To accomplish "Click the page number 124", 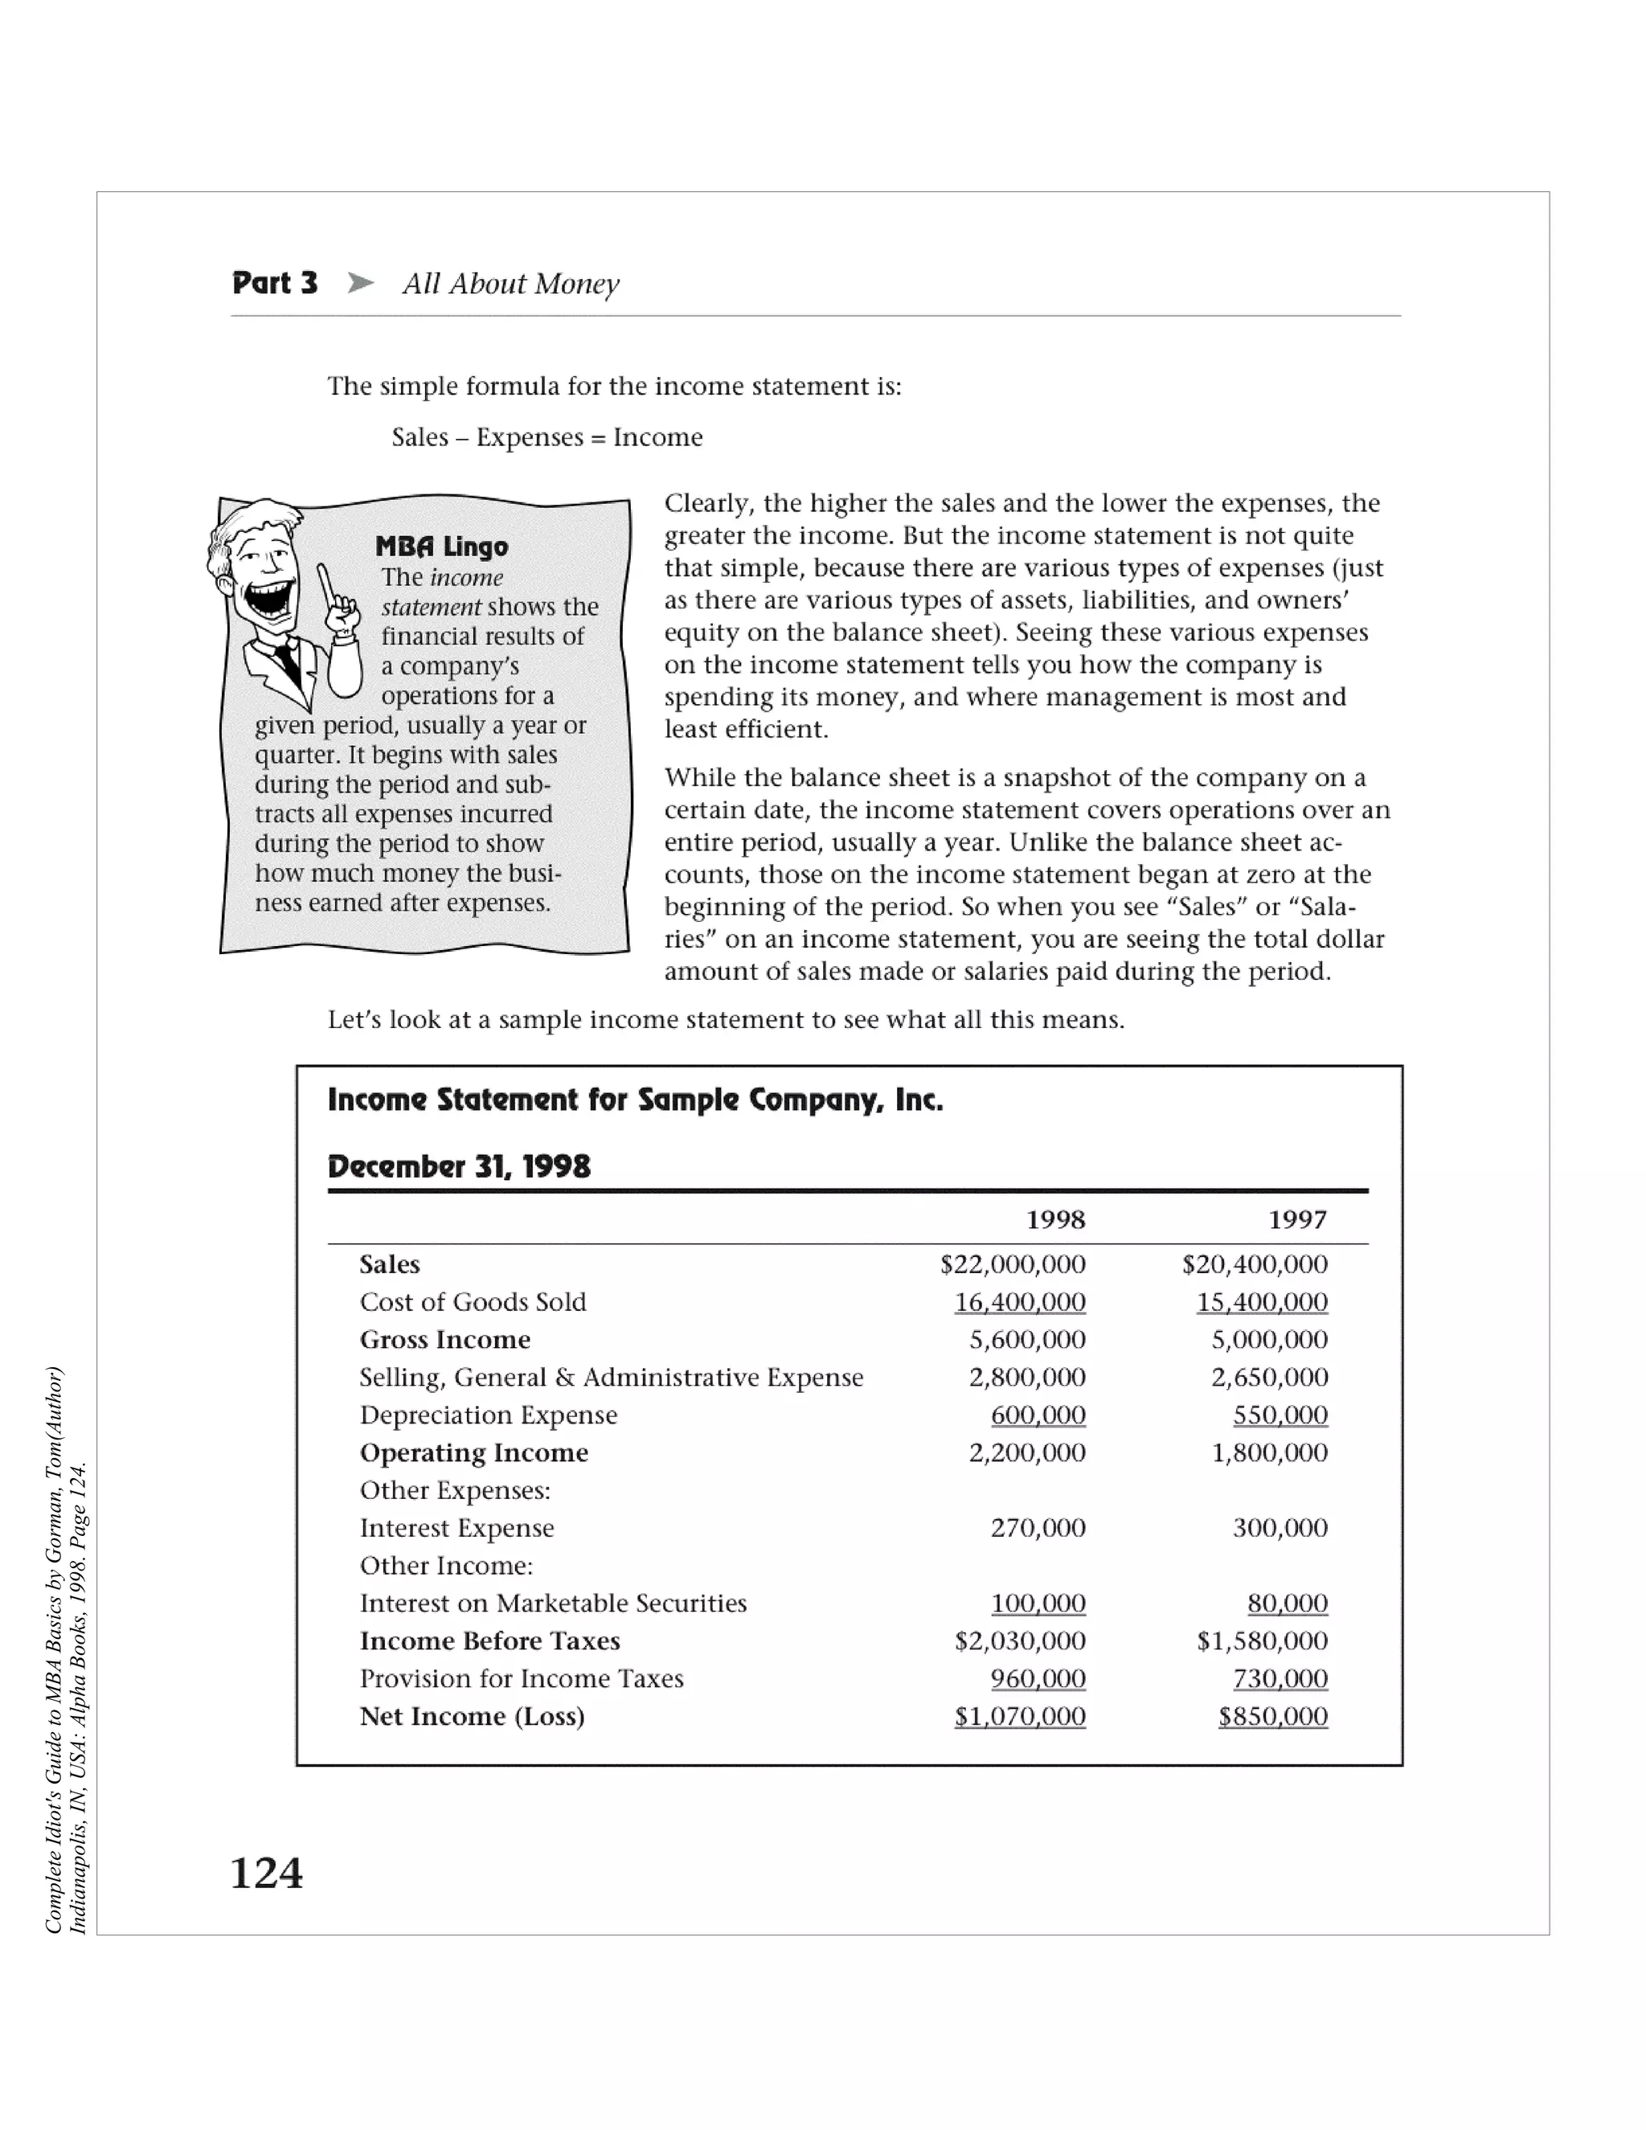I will point(266,1874).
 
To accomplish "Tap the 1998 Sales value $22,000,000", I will point(1012,1265).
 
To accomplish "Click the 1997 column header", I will point(1297,1220).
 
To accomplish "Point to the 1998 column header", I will point(1055,1220).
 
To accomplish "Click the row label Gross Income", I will point(444,1340).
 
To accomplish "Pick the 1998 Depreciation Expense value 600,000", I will point(1038,1415).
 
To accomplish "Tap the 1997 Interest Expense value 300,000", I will point(1280,1528).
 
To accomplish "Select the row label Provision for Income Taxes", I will point(522,1678).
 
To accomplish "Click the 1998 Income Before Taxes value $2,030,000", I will point(1020,1641).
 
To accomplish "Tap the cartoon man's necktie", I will point(289,664).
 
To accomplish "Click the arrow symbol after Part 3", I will point(361,284).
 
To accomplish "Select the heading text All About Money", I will point(511,284).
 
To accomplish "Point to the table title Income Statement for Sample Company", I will point(635,1100).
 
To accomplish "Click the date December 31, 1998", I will point(459,1166).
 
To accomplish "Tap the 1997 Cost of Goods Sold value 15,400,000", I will point(1262,1303).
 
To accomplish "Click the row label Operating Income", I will point(474,1453).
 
